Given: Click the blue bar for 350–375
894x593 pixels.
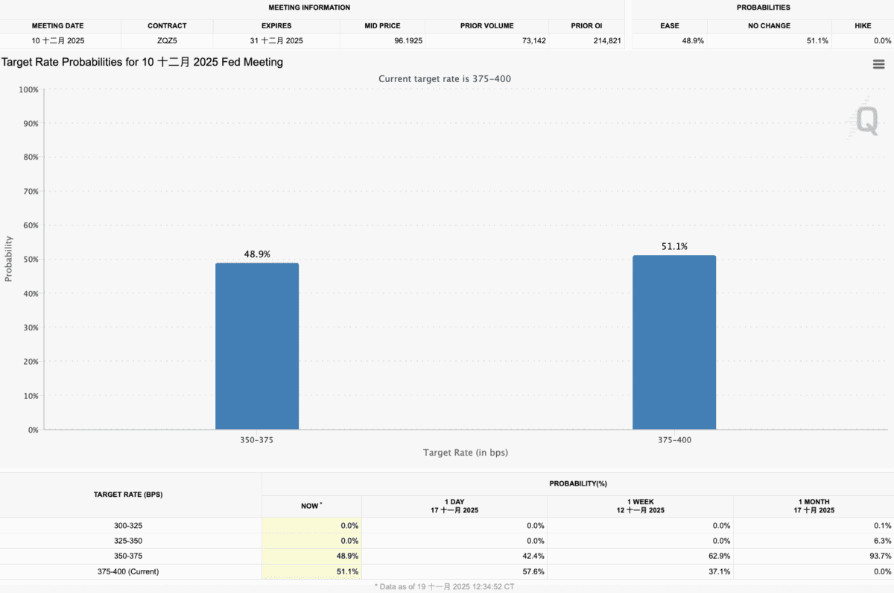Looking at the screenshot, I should [257, 346].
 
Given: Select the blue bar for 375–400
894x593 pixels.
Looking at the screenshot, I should [674, 342].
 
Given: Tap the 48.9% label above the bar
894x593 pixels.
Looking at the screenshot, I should [257, 254].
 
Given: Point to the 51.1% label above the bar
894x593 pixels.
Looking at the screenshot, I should [674, 247].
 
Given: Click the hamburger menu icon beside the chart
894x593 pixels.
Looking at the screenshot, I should [878, 64].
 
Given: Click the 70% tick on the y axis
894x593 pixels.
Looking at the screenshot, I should [29, 192].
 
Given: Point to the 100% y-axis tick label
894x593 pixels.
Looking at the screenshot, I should [28, 90].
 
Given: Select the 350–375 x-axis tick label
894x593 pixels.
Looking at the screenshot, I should [257, 440].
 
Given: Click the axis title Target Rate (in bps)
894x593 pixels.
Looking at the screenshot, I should [466, 453].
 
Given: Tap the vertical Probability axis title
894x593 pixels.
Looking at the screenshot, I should [9, 259].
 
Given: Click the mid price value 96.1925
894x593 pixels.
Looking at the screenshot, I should [408, 40].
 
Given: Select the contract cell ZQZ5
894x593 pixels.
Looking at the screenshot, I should [167, 40].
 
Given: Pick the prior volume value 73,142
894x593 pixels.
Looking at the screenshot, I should [530, 40].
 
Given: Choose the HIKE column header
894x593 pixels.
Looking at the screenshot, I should [863, 26].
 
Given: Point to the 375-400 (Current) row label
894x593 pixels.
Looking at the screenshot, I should [130, 571].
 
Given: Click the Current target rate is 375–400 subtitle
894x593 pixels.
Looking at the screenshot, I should [445, 79].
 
